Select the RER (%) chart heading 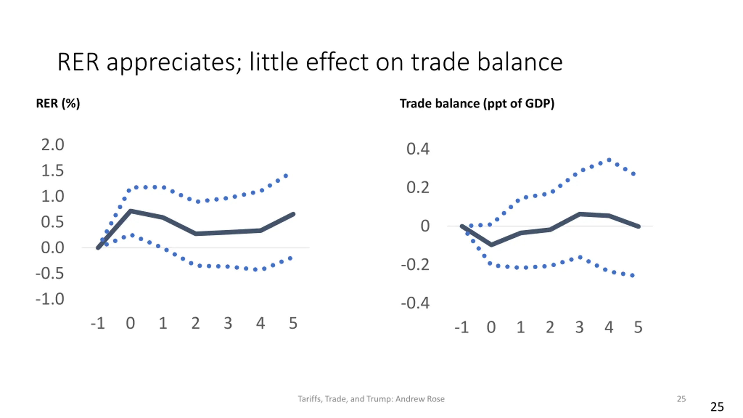(58, 103)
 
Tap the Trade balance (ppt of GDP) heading (477, 103)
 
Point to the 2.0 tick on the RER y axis (53, 145)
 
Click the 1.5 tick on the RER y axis (53, 170)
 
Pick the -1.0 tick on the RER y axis (50, 299)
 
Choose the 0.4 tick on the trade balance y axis (418, 149)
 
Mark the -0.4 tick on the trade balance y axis (415, 303)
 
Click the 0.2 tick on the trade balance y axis (418, 188)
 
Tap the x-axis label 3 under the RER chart (228, 323)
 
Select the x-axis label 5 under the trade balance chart (638, 327)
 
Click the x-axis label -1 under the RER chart (98, 323)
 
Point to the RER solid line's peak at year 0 (131, 211)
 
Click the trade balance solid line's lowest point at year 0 (491, 245)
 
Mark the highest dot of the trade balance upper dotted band (609, 160)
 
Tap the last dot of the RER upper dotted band (286, 176)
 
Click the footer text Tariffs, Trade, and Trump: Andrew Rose (371, 399)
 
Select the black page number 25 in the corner (717, 407)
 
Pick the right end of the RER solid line (293, 214)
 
